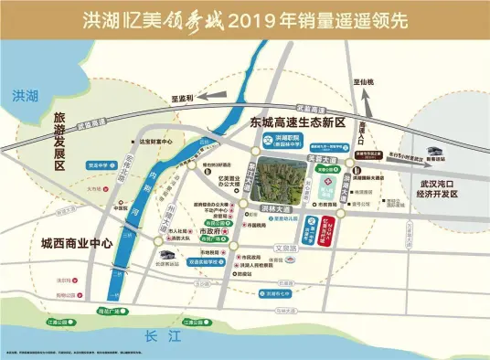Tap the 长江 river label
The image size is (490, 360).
[158, 337]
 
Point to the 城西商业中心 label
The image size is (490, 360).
[76, 218]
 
